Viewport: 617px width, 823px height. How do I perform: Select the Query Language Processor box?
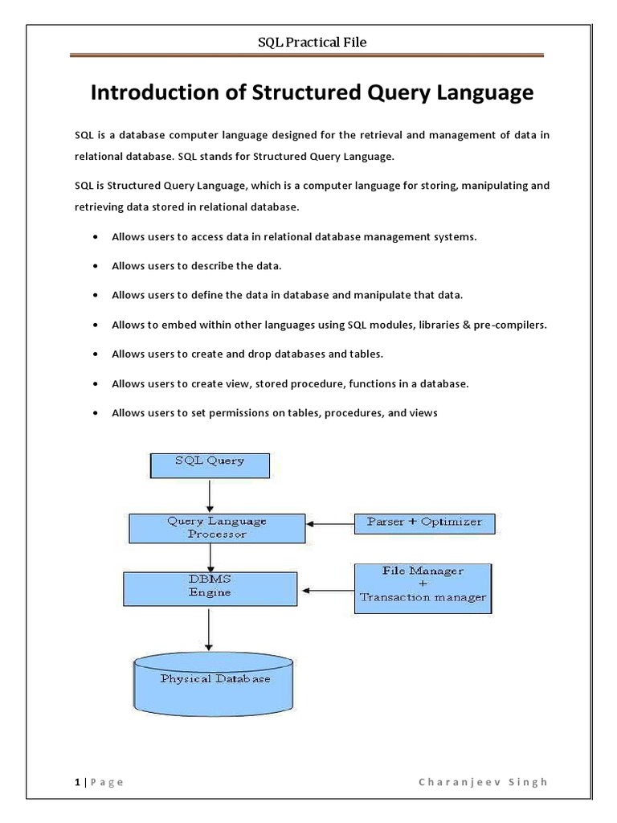coord(216,527)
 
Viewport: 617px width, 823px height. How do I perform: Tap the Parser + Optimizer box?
coord(424,522)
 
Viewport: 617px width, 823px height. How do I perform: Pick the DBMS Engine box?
coord(210,588)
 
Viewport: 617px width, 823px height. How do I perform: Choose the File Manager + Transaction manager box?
coord(423,588)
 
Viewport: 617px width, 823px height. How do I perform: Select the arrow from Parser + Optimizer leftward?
coord(332,524)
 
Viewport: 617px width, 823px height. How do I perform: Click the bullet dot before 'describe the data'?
coord(96,264)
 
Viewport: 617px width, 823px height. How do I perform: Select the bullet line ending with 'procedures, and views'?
coord(275,412)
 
